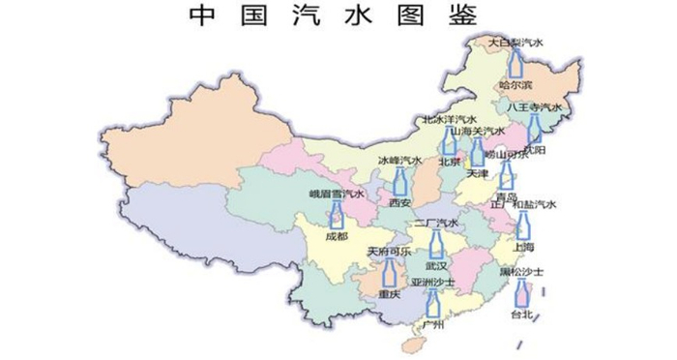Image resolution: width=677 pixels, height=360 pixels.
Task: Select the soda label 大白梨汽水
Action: pos(515,43)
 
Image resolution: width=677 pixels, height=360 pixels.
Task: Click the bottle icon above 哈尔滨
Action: pos(515,64)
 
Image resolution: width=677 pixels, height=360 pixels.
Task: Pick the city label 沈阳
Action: pos(533,151)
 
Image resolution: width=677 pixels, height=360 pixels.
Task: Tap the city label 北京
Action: pos(449,163)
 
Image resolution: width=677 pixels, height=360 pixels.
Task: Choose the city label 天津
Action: pos(478,175)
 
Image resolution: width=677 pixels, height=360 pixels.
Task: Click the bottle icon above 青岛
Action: pos(505,174)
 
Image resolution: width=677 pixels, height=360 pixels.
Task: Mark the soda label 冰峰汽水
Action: pos(399,160)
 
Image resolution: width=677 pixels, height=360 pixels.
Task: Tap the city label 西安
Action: pos(399,203)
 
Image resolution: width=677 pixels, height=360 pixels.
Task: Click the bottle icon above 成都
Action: pos(337,215)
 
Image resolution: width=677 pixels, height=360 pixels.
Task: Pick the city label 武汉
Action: pos(437,265)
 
